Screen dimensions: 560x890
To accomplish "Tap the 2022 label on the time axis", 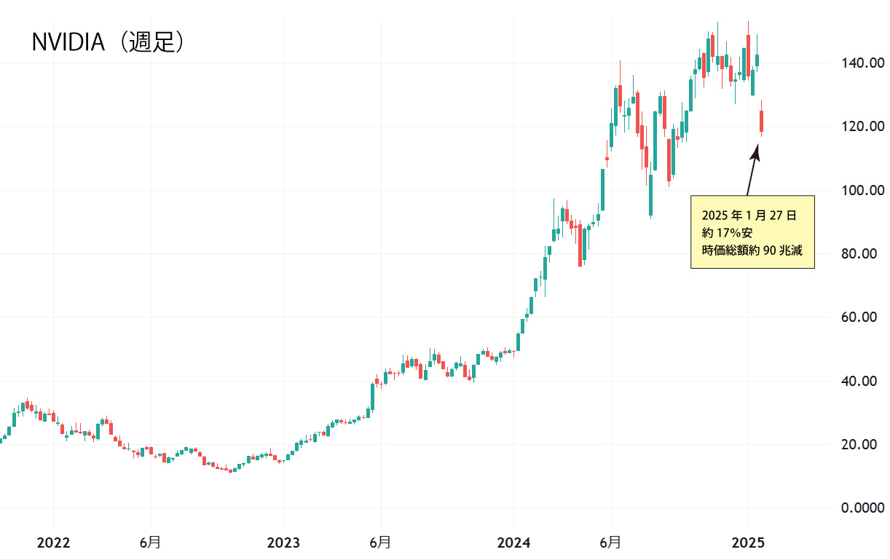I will coord(53,543).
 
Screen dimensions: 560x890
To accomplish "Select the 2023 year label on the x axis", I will coord(283,543).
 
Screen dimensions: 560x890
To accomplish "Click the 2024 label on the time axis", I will coord(513,543).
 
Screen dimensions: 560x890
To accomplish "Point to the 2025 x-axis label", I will coord(748,543).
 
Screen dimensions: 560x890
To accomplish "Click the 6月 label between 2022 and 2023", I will coord(150,543).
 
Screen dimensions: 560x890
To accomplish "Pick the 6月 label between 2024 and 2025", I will coord(610,543).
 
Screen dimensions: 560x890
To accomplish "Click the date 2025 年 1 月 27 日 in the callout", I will coord(749,216).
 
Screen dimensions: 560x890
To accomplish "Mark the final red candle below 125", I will coord(762,122).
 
